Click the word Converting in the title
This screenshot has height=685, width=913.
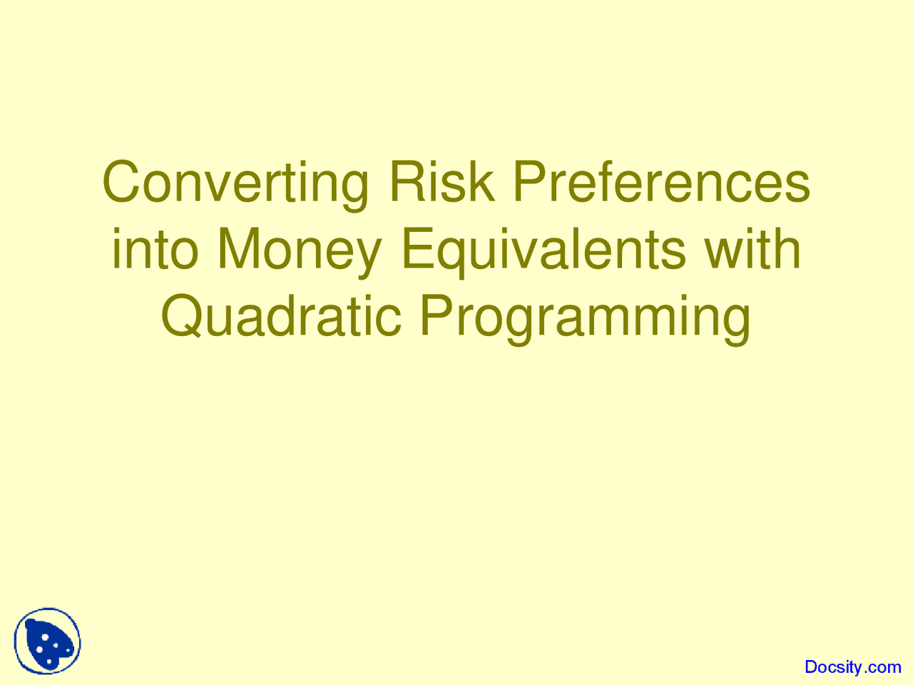click(x=236, y=183)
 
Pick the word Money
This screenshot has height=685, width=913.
click(x=299, y=251)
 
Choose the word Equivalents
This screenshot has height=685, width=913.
click(x=543, y=251)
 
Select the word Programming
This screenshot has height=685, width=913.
click(x=584, y=318)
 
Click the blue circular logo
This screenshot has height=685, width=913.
click(x=47, y=641)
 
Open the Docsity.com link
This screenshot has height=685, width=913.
click(x=852, y=667)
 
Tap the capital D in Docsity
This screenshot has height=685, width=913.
click(x=812, y=667)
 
